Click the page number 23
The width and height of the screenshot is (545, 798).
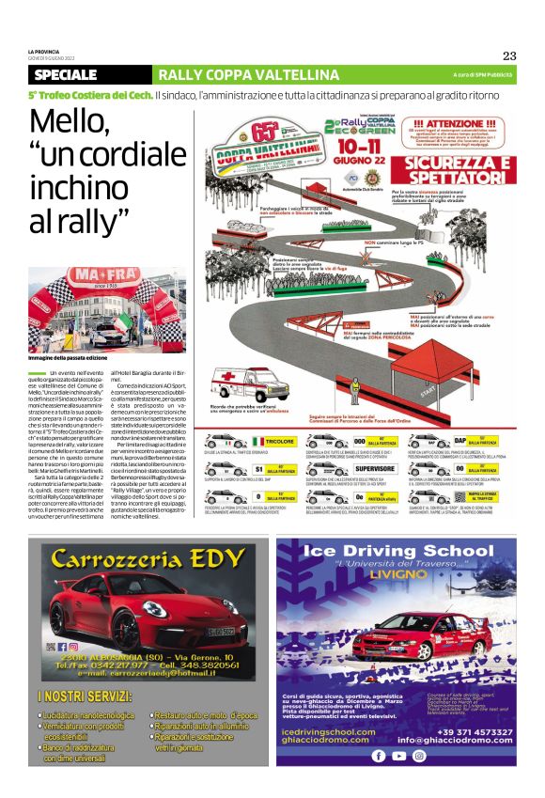coord(508,55)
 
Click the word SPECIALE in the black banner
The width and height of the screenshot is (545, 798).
coord(70,74)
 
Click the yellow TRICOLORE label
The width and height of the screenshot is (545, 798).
coord(273,440)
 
